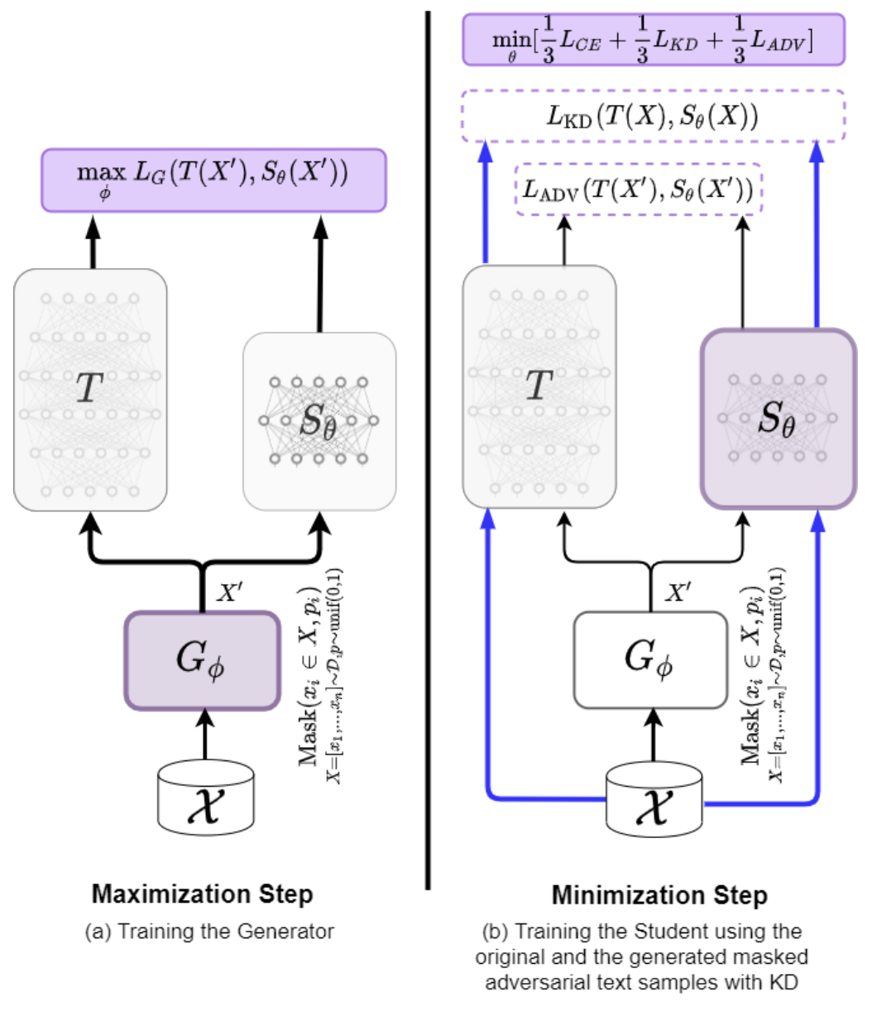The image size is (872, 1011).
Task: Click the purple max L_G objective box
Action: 213,180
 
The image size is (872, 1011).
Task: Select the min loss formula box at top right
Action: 653,39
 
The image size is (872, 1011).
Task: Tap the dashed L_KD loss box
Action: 653,117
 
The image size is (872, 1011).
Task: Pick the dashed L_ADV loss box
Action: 638,191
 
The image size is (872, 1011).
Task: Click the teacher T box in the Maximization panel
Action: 90,389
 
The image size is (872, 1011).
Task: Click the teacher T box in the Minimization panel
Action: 539,386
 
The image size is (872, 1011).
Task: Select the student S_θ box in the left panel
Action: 319,421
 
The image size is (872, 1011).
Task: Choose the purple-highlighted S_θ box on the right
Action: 778,418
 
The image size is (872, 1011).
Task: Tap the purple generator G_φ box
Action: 201,659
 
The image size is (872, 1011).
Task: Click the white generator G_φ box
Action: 649,659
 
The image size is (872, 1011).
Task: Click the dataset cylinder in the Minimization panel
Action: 654,799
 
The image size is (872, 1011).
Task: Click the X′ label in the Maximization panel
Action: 230,592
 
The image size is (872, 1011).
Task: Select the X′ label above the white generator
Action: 679,592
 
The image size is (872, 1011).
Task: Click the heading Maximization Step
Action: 203,894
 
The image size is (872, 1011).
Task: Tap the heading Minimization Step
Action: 659,895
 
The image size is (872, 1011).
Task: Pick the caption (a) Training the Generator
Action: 209,931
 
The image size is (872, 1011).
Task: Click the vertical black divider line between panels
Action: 428,447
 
